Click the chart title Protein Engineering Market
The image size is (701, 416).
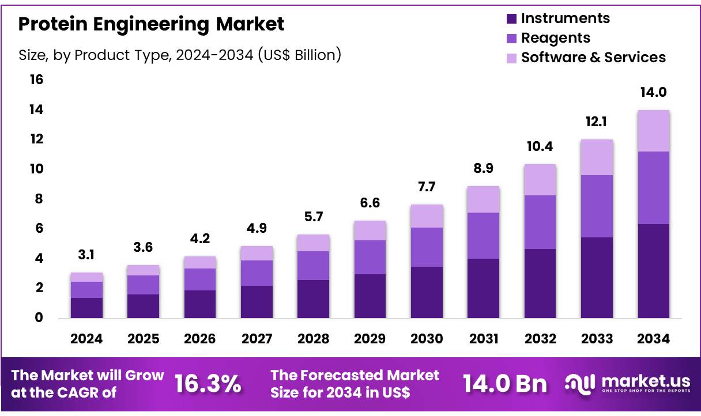click(x=151, y=24)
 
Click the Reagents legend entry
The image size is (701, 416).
click(x=555, y=38)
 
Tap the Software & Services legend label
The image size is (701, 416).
click(x=593, y=58)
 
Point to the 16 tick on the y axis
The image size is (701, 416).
click(x=36, y=80)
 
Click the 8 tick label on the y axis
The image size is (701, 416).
click(x=39, y=199)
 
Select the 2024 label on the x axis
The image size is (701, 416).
click(x=86, y=339)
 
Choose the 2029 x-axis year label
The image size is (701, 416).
click(x=370, y=339)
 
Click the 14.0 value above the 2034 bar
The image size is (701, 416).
click(x=653, y=92)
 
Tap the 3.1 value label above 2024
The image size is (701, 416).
click(x=86, y=255)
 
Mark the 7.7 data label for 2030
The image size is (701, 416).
click(x=427, y=187)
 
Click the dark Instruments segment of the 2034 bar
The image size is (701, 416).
click(x=653, y=271)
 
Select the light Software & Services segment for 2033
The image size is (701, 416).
click(x=597, y=157)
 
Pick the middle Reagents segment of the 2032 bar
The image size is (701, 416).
click(x=540, y=222)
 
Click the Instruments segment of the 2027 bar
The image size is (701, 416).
click(x=257, y=301)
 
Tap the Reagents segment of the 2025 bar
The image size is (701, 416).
click(x=143, y=285)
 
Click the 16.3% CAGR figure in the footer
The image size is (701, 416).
click(x=208, y=384)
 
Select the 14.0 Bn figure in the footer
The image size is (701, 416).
click(x=504, y=384)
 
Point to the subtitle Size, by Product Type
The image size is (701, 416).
click(x=180, y=55)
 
